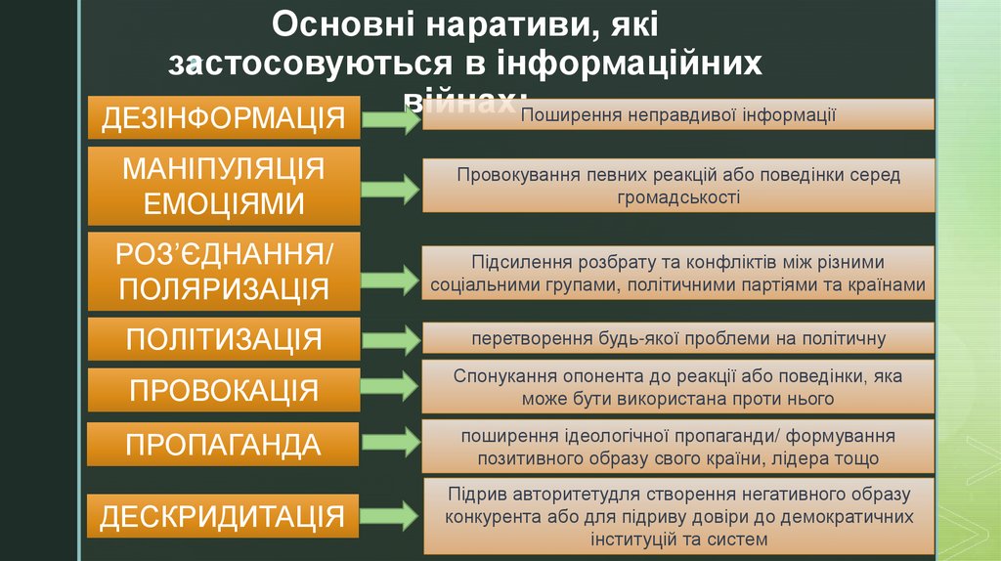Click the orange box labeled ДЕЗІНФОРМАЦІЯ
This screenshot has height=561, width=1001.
click(x=224, y=118)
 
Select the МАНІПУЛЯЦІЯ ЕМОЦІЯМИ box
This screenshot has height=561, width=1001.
click(x=224, y=185)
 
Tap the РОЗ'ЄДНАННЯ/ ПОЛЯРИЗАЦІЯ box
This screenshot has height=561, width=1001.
click(x=224, y=272)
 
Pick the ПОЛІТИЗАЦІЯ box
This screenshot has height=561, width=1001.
click(x=224, y=339)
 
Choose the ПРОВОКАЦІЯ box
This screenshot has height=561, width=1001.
click(x=224, y=390)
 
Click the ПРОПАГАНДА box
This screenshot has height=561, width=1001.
click(x=224, y=445)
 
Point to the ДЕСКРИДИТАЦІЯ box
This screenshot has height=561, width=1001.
click(x=224, y=515)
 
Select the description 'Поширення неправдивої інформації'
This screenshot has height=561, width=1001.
click(x=678, y=115)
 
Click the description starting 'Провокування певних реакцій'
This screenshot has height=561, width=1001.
click(x=678, y=185)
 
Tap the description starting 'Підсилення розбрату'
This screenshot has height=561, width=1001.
click(x=678, y=274)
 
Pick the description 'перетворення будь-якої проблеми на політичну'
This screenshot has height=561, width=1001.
click(x=678, y=339)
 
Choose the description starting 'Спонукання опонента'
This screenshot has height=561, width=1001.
click(x=678, y=387)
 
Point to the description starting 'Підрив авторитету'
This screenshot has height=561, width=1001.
click(x=678, y=515)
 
